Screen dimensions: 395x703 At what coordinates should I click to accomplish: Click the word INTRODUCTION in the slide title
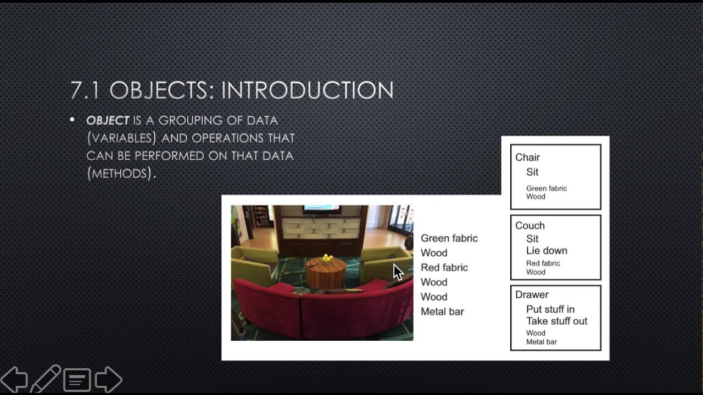(x=307, y=91)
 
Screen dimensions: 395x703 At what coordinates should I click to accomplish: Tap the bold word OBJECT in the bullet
(x=108, y=120)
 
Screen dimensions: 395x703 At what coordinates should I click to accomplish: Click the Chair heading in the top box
(x=527, y=157)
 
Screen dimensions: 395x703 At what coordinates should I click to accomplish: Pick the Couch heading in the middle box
(x=529, y=225)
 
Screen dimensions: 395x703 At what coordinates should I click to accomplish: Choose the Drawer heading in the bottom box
(x=532, y=295)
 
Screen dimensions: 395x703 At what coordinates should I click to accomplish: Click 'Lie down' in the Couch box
(x=546, y=251)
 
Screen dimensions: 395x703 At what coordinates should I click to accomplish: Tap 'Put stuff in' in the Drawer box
(x=550, y=309)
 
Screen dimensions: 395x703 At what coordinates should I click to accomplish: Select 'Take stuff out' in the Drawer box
(x=556, y=321)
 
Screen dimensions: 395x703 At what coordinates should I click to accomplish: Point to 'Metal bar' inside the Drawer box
(x=542, y=342)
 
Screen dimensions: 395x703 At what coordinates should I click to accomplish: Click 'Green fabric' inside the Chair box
(x=546, y=188)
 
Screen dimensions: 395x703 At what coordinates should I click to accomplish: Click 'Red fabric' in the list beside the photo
(x=444, y=268)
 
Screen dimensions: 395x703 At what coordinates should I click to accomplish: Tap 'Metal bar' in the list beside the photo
(x=442, y=312)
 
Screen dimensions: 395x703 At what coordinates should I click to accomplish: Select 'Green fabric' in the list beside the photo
(x=449, y=238)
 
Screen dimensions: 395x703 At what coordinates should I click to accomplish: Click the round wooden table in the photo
(x=326, y=273)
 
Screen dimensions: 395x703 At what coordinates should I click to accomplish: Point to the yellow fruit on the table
(x=327, y=257)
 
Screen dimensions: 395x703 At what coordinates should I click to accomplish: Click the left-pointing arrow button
(x=14, y=379)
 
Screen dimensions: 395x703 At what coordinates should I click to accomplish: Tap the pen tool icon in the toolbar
(x=46, y=379)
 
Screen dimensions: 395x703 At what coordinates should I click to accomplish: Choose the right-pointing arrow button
(x=108, y=379)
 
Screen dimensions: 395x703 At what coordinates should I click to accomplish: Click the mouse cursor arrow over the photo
(x=398, y=272)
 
